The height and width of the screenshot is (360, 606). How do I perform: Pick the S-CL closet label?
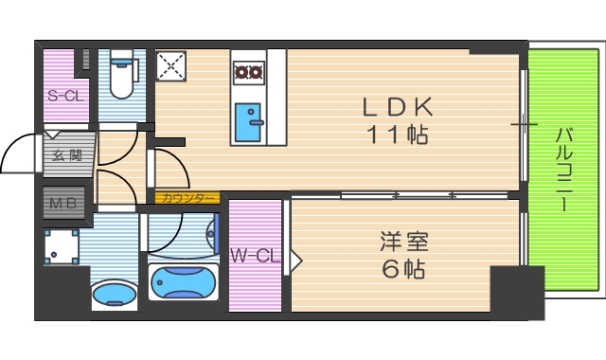point(64,96)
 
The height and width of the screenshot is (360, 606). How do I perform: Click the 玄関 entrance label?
point(66,155)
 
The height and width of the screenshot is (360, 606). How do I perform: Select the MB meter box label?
point(63,202)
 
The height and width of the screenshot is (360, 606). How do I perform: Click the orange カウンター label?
point(187,198)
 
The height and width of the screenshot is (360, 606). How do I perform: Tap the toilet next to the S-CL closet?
point(122,77)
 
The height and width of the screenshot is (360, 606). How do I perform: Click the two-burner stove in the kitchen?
point(249,70)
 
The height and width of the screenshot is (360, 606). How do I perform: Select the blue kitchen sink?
point(250,119)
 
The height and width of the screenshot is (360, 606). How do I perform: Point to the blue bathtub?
point(184,282)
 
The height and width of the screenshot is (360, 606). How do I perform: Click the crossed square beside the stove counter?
point(172,66)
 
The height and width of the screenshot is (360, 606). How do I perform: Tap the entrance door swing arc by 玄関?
point(19,153)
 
